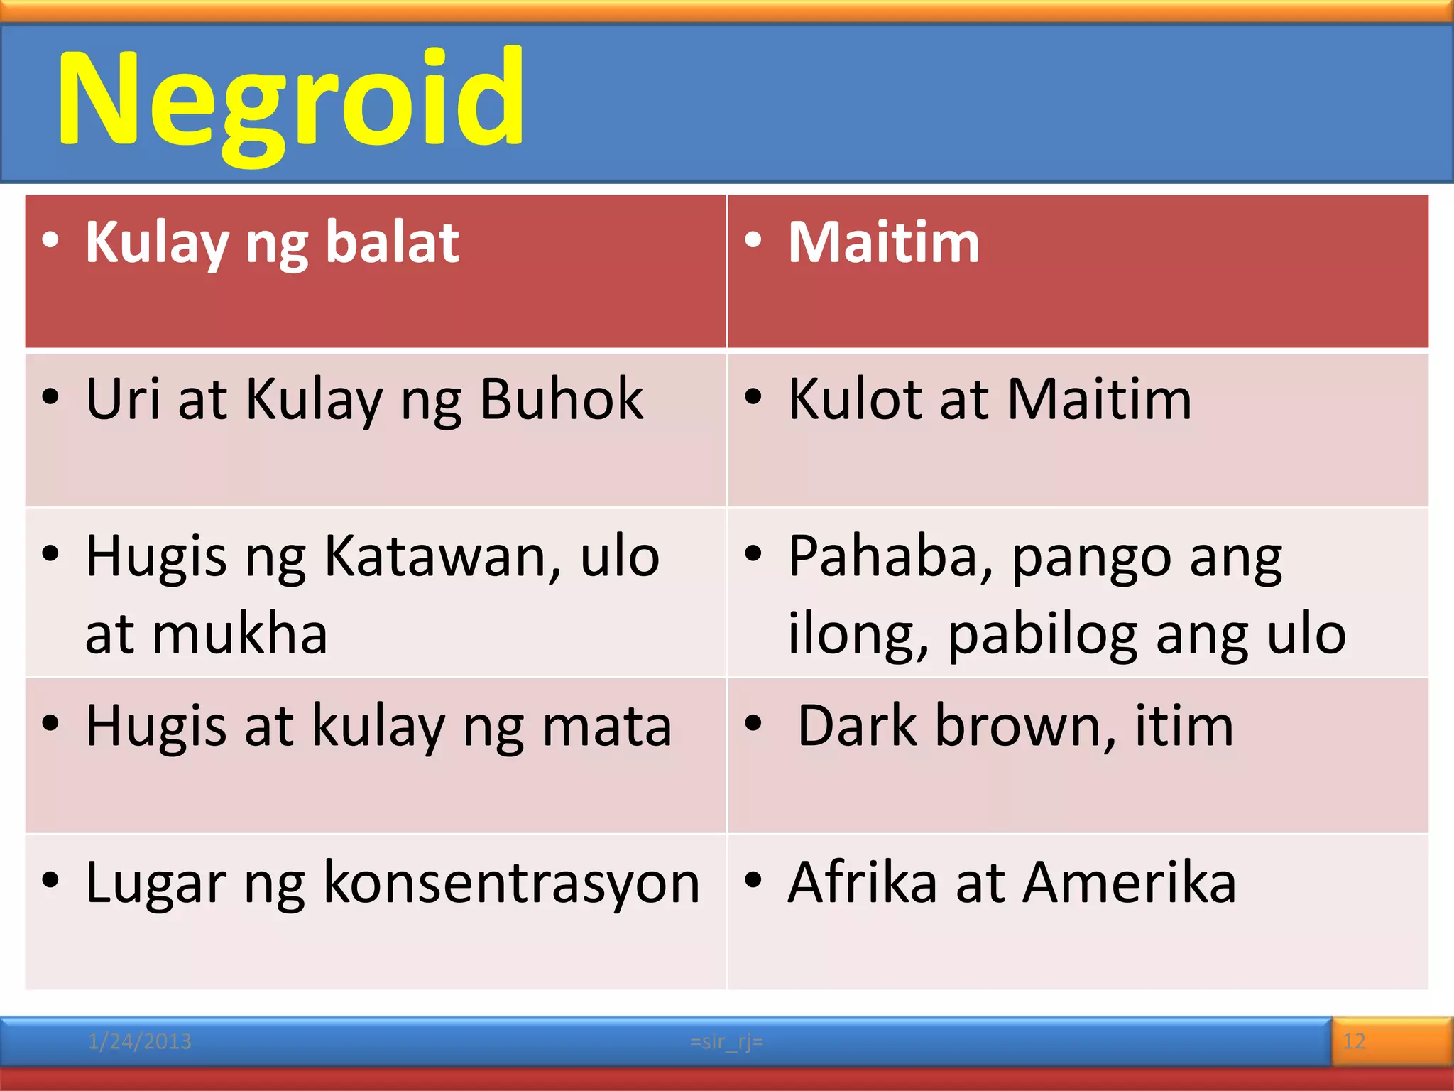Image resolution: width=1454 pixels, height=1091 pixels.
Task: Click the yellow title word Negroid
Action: pyautogui.click(x=291, y=99)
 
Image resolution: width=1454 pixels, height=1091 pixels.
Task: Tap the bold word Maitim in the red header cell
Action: pyautogui.click(x=884, y=242)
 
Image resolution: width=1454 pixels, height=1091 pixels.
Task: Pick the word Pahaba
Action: pyautogui.click(x=891, y=556)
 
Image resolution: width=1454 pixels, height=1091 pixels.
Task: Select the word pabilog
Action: pyautogui.click(x=1043, y=634)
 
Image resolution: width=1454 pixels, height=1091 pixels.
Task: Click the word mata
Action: pyautogui.click(x=607, y=726)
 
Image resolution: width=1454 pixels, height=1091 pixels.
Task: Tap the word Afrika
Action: pyautogui.click(x=863, y=883)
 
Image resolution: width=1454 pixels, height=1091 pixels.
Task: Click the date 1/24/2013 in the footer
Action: pyautogui.click(x=139, y=1042)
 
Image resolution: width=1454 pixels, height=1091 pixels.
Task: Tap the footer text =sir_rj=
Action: pyautogui.click(x=726, y=1042)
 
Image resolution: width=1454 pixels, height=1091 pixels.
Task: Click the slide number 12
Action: pyautogui.click(x=1354, y=1042)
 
